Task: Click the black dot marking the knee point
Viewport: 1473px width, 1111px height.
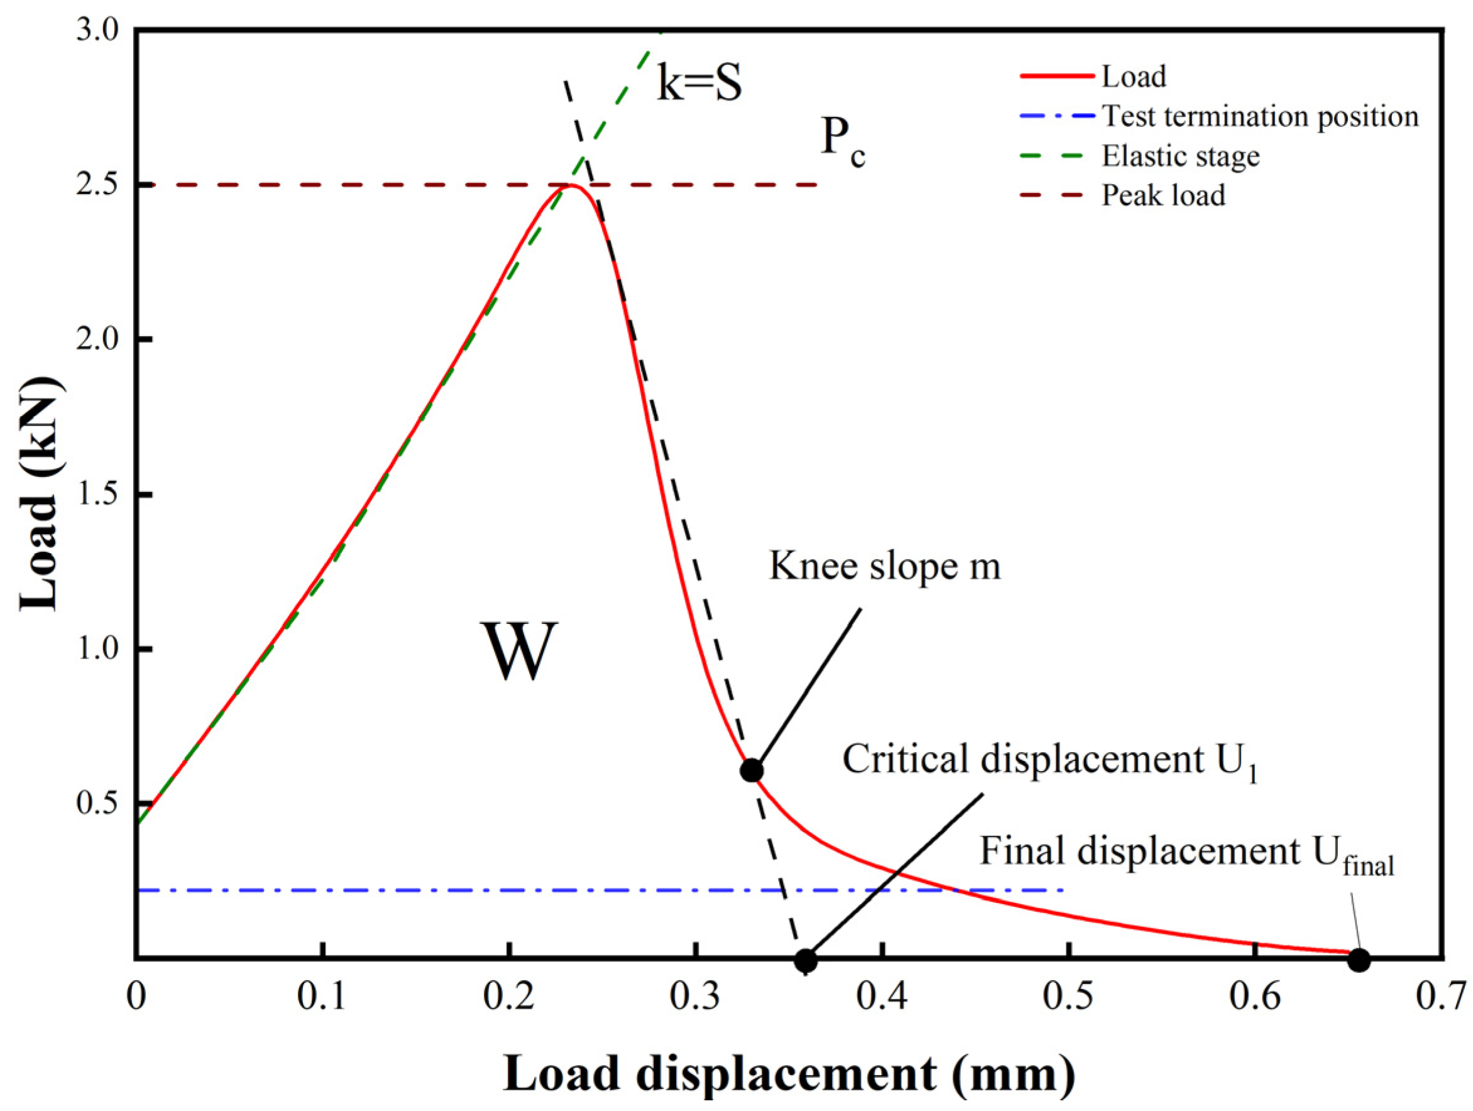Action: pos(752,770)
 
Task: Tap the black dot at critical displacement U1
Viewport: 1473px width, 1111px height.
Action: pos(806,960)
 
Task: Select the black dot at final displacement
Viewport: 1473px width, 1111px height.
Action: pos(1359,960)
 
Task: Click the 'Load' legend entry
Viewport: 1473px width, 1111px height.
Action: pos(1134,77)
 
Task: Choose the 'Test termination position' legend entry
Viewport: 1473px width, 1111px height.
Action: pos(1260,116)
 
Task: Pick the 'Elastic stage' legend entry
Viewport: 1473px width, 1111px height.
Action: pos(1181,156)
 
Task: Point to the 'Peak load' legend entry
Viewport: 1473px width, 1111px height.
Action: pos(1163,196)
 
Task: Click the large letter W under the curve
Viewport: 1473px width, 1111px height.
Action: pos(518,651)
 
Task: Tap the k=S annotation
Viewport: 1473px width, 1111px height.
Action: pos(699,84)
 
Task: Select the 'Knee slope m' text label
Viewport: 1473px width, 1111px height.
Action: pos(885,567)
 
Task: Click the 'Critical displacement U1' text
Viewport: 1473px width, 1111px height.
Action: pos(1050,760)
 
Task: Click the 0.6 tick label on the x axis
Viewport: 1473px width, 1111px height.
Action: pos(1254,997)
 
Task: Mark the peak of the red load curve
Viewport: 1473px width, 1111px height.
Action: pos(571,185)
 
